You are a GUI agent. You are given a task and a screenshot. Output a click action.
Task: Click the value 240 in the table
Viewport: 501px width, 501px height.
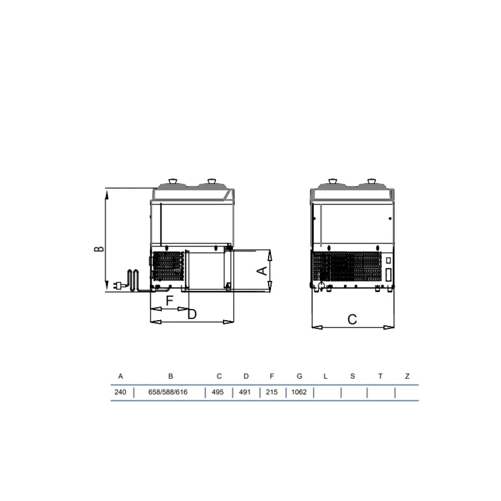click(x=120, y=392)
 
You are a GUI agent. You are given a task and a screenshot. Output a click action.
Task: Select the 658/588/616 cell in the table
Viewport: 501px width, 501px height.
click(x=168, y=392)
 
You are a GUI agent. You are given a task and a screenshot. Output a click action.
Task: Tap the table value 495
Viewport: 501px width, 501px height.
click(x=217, y=392)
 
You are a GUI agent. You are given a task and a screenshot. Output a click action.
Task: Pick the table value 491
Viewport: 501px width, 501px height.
click(x=245, y=392)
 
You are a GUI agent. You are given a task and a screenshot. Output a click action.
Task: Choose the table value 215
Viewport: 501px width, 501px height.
click(x=272, y=392)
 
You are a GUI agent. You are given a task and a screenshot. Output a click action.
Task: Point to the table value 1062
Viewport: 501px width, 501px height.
click(x=299, y=392)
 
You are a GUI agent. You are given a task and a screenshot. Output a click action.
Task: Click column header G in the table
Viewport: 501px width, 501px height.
click(x=300, y=376)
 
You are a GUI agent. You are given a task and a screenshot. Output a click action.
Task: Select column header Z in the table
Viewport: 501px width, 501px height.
click(x=407, y=376)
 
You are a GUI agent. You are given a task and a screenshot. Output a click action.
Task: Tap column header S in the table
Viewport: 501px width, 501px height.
click(x=352, y=376)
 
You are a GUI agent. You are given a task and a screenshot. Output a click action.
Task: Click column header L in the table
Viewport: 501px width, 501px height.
click(x=325, y=376)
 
